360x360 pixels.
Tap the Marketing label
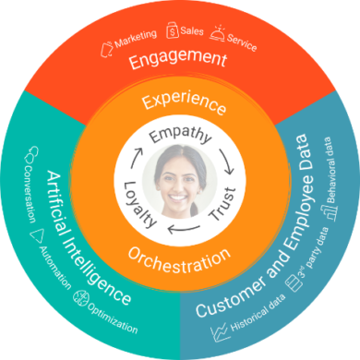[137, 40]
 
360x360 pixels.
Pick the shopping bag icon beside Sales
[172, 31]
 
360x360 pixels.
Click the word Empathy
[181, 135]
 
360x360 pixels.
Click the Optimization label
[114, 317]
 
